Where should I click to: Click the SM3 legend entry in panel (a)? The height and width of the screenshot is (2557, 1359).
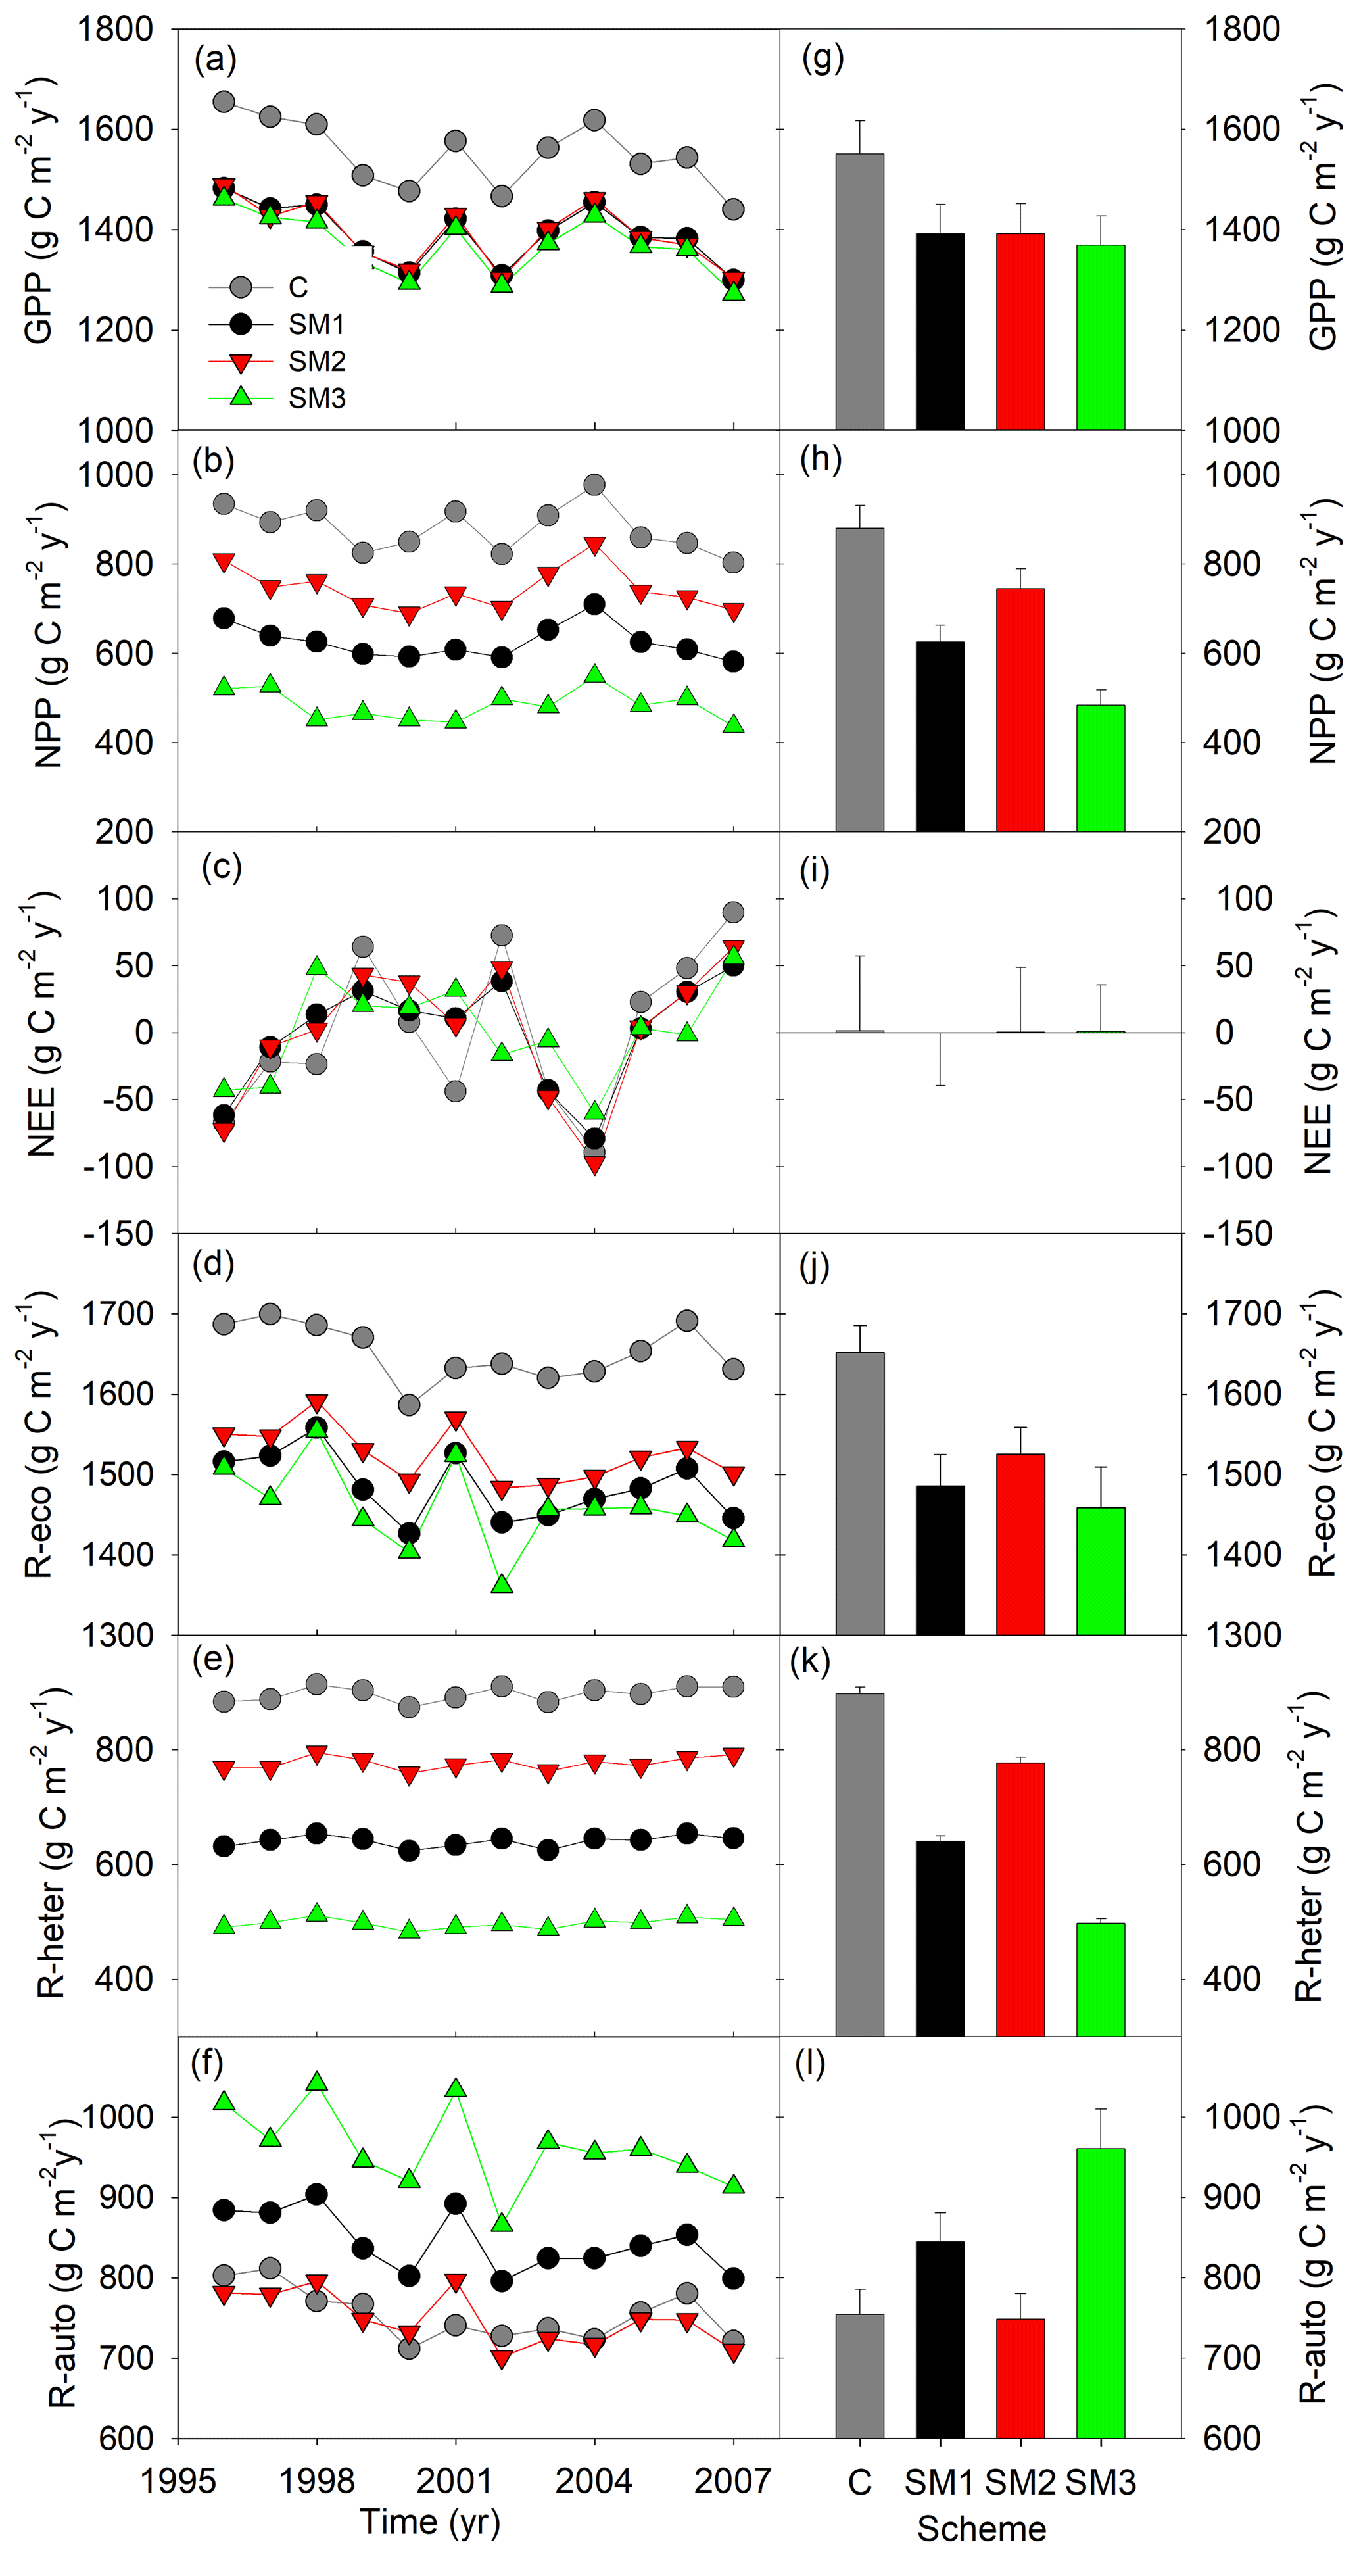[317, 398]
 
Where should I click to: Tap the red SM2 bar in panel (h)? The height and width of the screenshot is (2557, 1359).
[1020, 710]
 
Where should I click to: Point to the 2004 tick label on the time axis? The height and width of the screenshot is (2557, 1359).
[594, 2481]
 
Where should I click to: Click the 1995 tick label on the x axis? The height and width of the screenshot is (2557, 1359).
[178, 2481]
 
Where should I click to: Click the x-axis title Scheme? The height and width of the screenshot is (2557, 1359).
[981, 2528]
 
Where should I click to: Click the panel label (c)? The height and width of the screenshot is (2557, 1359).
[222, 867]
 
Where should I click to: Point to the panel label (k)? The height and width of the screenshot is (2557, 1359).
[809, 1662]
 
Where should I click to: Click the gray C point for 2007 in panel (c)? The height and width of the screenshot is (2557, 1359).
[732, 912]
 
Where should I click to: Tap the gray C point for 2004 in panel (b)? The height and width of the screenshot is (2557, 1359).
[594, 485]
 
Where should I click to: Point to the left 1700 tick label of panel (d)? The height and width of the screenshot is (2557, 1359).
[126, 1314]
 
